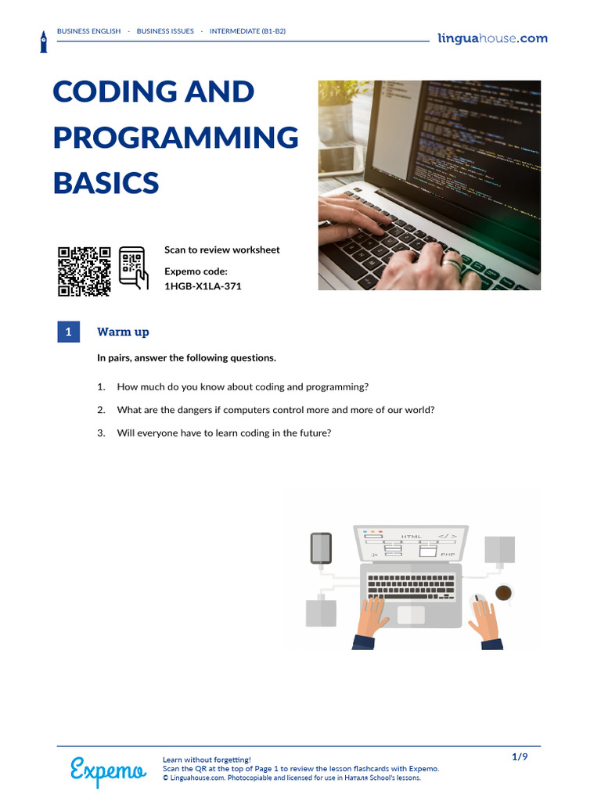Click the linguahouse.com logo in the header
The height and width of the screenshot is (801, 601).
pos(493,39)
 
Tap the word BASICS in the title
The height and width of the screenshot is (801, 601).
pos(106,183)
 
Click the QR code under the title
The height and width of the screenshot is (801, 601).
pos(84,271)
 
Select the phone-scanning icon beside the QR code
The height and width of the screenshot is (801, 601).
pos(133,268)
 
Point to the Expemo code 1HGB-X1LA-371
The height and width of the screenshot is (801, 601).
pos(203,286)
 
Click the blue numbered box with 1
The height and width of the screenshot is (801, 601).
pos(69,332)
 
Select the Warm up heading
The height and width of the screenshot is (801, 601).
pos(123,332)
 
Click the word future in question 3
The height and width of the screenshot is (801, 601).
pos(316,433)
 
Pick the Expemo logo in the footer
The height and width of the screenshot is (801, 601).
pos(108,771)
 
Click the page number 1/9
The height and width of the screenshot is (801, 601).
pos(520,757)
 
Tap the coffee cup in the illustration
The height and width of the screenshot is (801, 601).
pos(503,593)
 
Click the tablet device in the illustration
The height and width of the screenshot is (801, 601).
pos(321,548)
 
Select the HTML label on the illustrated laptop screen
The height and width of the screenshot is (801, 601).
pos(412,537)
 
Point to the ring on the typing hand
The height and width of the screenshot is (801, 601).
pos(451,264)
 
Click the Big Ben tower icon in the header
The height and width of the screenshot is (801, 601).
pos(44,42)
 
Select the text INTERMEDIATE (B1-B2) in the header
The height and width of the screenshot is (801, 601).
pos(247,31)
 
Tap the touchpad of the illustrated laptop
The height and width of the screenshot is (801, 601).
pos(411,615)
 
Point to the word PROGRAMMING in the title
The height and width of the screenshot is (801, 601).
pos(176,138)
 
